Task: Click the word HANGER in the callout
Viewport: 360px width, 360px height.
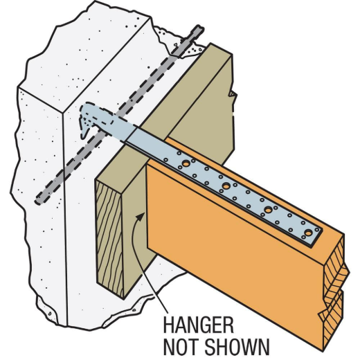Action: [198, 325]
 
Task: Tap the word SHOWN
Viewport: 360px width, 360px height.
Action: [237, 346]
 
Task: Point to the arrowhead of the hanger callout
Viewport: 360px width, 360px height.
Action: [141, 216]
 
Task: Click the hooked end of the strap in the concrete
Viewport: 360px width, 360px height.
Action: [86, 120]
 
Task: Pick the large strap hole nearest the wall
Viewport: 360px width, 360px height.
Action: [186, 163]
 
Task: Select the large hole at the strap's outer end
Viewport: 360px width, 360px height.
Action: [308, 233]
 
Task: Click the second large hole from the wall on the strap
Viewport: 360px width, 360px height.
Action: [226, 186]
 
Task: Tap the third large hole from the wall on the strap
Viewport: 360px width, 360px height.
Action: [268, 210]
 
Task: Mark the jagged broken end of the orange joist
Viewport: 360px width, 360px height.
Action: [334, 293]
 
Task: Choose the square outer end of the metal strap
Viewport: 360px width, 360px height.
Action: [316, 235]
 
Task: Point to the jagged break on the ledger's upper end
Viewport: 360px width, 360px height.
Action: [233, 95]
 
